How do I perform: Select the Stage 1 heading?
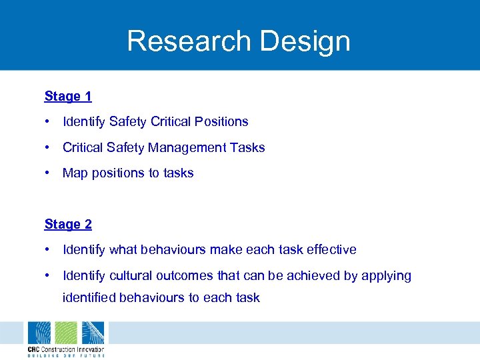(68, 96)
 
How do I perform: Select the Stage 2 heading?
(68, 224)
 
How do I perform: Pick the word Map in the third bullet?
(75, 173)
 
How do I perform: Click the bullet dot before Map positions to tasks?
(48, 173)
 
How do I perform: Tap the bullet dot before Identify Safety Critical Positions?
(48, 121)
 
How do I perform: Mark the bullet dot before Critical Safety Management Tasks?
(48, 147)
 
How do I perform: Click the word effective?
(331, 249)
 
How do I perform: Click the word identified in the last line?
(90, 297)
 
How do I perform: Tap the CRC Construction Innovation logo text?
(65, 349)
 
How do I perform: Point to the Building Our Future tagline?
(65, 355)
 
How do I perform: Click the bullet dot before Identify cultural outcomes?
(48, 275)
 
